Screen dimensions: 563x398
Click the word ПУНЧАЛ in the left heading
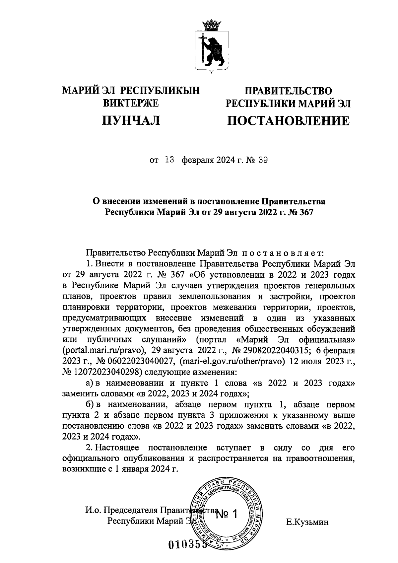pos(131,120)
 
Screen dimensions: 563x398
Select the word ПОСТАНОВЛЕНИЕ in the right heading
pos(288,120)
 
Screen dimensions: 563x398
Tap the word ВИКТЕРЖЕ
pos(131,103)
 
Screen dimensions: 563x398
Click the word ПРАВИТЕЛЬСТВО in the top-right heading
pos(288,91)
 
